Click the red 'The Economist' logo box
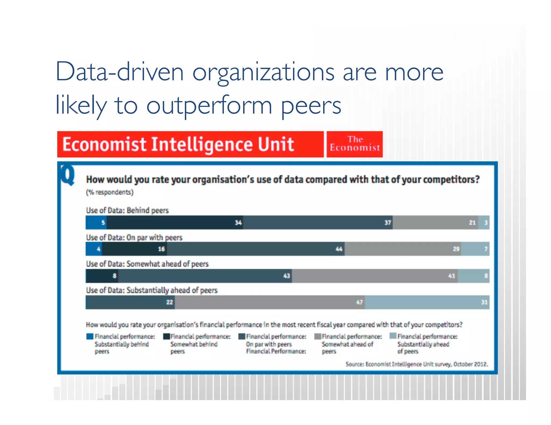[354, 144]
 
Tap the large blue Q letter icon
[67, 175]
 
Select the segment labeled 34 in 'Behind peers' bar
[175, 222]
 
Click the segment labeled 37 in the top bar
[317, 222]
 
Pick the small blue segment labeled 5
[96, 222]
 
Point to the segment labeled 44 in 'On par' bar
[256, 249]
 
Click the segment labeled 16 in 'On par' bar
[135, 249]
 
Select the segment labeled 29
[403, 249]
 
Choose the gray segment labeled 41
[375, 276]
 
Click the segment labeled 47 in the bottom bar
[270, 302]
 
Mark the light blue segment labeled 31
[427, 302]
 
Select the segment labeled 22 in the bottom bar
[130, 302]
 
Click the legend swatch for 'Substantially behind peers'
[90, 336]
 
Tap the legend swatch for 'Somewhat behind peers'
[166, 336]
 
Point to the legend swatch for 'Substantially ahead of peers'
[393, 336]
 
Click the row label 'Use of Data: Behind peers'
[127, 210]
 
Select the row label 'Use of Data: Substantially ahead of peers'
[152, 290]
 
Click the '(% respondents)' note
[110, 192]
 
